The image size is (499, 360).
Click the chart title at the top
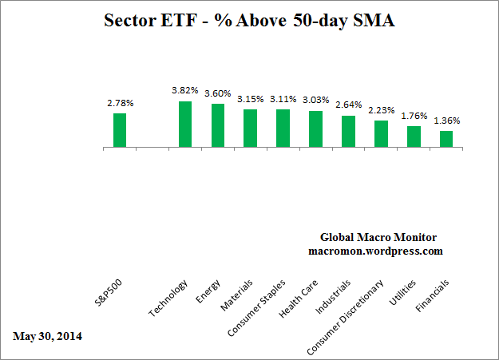(x=250, y=22)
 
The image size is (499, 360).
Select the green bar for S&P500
(x=120, y=130)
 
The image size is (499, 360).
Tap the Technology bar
(x=184, y=125)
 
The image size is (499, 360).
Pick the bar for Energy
(x=217, y=126)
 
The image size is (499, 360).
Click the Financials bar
(x=446, y=139)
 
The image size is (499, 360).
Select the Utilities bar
(x=414, y=136)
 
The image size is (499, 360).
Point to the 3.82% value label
(x=184, y=92)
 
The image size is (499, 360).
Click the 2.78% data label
(x=120, y=104)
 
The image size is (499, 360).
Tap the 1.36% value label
(x=446, y=121)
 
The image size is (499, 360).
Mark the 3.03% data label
(x=315, y=101)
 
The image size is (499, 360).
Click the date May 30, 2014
(x=47, y=335)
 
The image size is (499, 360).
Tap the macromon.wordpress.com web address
(x=374, y=251)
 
